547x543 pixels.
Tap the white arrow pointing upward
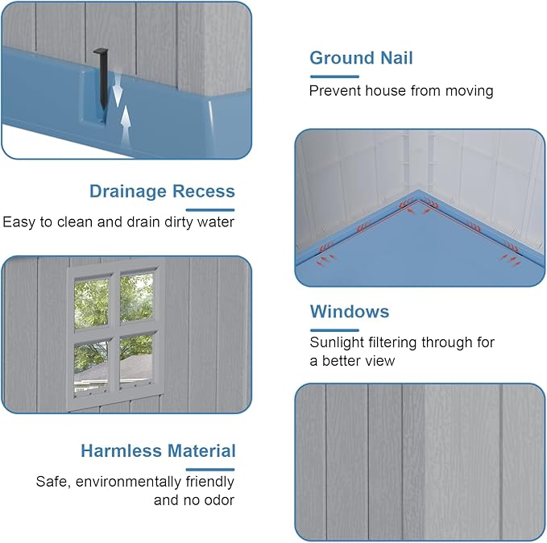[x=126, y=126]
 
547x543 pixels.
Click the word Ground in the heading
[x=342, y=58]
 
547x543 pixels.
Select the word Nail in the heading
[x=396, y=58]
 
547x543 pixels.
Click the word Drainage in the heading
[x=128, y=192]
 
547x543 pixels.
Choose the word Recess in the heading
[x=204, y=191]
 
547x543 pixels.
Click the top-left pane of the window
[x=91, y=303]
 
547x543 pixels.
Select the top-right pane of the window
[x=136, y=297]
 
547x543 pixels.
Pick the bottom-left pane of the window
[x=91, y=368]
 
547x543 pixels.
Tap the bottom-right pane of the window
[x=135, y=362]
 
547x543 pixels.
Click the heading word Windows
[x=350, y=312]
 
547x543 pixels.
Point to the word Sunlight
[x=337, y=342]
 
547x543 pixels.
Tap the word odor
[x=219, y=500]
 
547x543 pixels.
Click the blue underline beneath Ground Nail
[x=334, y=77]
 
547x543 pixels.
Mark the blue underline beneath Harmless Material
[x=210, y=470]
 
